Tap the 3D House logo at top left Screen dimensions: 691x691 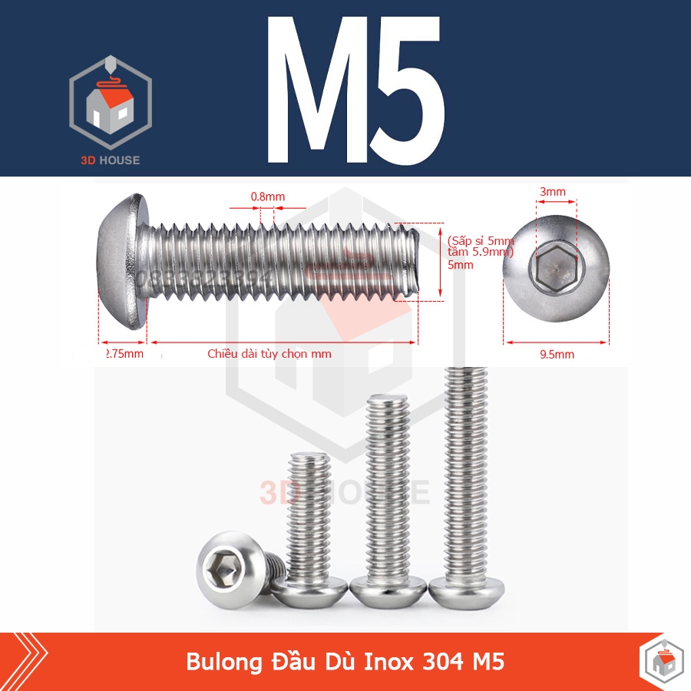111,104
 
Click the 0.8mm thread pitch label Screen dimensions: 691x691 267,197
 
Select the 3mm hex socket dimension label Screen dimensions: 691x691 553,191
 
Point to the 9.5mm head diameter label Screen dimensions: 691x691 557,354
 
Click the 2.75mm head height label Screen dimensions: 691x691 124,354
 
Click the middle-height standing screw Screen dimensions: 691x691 388,499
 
